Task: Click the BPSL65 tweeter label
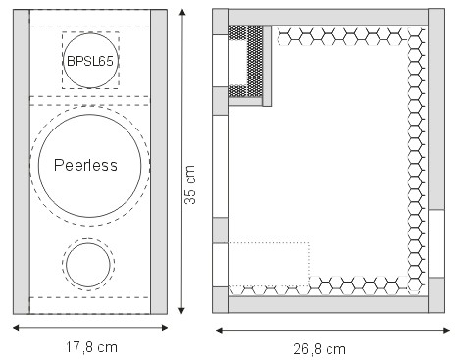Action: [x=90, y=61]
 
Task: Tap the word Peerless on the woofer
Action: [x=85, y=165]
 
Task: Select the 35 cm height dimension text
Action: [x=190, y=184]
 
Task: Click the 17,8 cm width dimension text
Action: [x=91, y=347]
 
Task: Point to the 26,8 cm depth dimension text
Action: [x=320, y=349]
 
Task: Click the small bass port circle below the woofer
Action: [x=88, y=265]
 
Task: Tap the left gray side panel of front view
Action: [x=22, y=162]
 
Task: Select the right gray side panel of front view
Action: [x=159, y=162]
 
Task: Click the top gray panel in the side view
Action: [x=329, y=17]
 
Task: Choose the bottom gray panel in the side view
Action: [x=329, y=305]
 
